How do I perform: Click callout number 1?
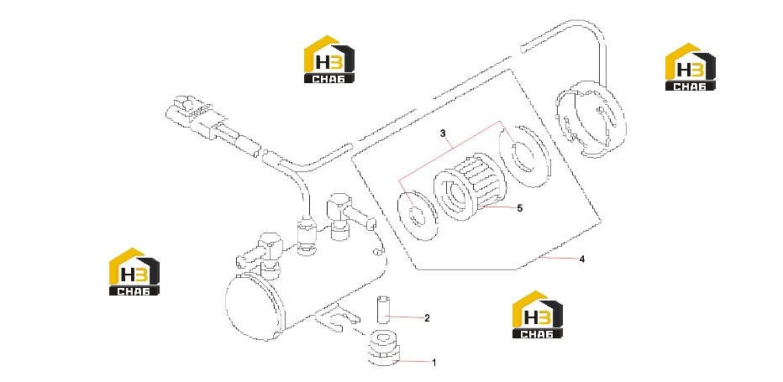434,363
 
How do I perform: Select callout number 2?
427,317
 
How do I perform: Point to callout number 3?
442,133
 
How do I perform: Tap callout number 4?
581,259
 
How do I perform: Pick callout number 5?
519,208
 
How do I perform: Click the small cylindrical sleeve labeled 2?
382,310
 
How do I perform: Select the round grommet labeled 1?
384,348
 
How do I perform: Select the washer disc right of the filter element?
524,154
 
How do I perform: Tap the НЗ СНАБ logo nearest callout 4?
538,314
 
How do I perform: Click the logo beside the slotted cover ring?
690,67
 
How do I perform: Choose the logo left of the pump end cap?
134,272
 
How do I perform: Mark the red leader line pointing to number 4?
560,258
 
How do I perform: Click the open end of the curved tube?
523,49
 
